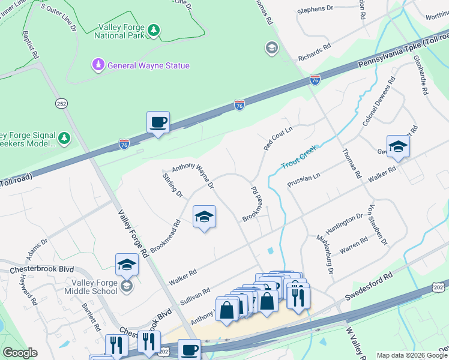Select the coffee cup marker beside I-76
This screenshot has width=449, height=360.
[158, 123]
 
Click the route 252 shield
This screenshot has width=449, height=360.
[61, 103]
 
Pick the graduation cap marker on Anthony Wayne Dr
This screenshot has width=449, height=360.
[204, 217]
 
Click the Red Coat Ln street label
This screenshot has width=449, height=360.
[277, 139]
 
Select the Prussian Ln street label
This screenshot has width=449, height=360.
[304, 179]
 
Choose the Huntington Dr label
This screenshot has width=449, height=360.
[344, 224]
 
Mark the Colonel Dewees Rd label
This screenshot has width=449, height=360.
[379, 101]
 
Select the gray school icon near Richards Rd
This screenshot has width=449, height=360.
[272, 48]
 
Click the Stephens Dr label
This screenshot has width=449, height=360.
[315, 9]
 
